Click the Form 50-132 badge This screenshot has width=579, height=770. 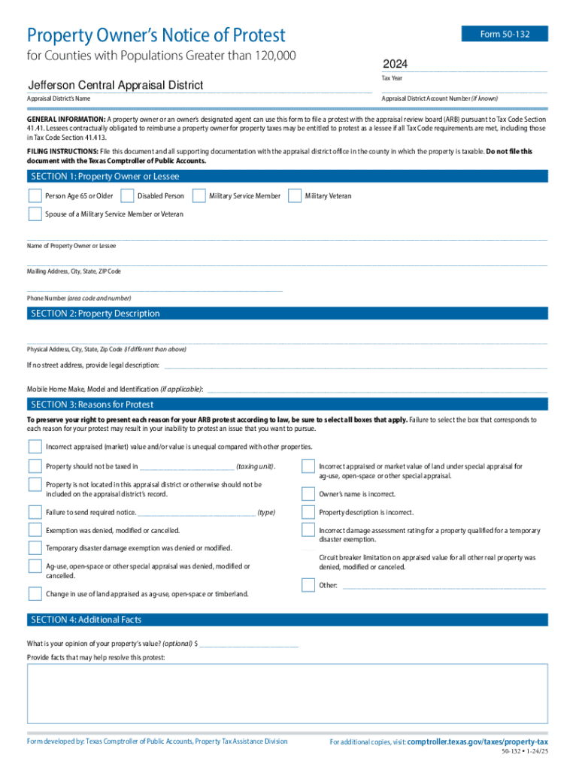point(505,34)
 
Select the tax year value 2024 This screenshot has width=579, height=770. point(396,63)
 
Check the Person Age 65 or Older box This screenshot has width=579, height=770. point(35,196)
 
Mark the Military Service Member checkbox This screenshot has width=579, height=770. point(199,196)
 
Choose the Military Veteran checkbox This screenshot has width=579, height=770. point(294,196)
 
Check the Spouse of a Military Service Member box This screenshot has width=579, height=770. point(35,214)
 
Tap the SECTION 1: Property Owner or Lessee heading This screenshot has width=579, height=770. point(105,177)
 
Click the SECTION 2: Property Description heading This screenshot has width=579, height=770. point(95,314)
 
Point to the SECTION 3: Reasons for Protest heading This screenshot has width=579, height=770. point(92,405)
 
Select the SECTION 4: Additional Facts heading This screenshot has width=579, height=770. point(86,620)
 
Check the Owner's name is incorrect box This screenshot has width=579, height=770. point(308,494)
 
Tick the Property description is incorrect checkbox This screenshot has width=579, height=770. point(308,513)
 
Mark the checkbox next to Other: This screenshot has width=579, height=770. point(308,585)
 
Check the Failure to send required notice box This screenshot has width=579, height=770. point(35,513)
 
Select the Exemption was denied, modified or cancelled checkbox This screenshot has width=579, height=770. point(35,531)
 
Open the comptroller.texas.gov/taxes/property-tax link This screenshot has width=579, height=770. point(477,742)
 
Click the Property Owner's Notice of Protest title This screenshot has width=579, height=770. point(156,35)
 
